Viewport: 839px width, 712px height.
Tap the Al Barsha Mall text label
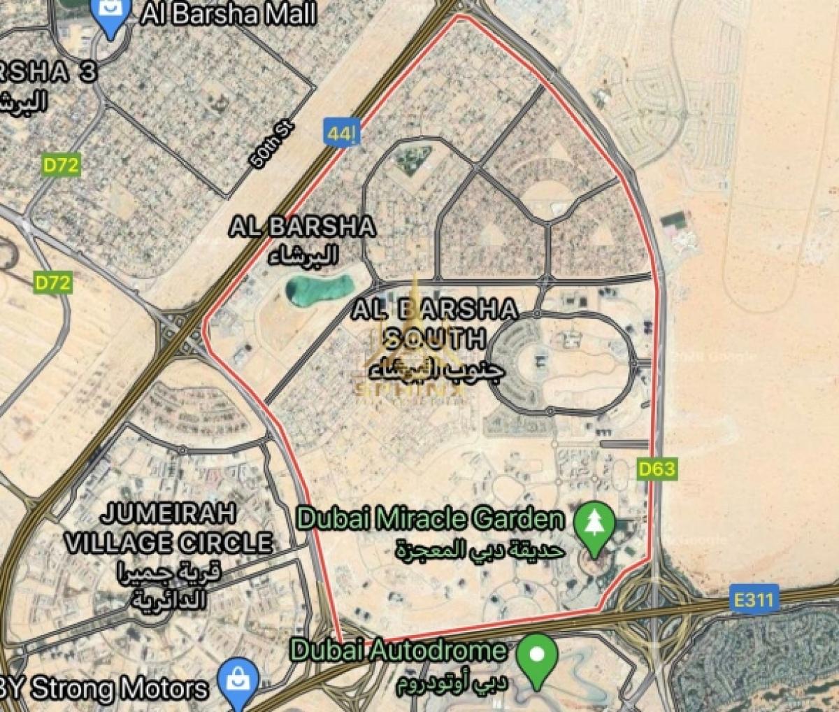[229, 14]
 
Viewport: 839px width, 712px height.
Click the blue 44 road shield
[338, 132]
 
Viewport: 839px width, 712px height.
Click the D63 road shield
[657, 469]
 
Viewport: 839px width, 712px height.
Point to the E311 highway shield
[756, 599]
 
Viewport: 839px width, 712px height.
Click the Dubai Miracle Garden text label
[431, 519]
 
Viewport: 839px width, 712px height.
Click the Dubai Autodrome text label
[399, 650]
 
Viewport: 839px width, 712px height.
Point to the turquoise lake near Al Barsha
[319, 289]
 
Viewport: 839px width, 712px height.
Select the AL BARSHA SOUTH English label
[435, 323]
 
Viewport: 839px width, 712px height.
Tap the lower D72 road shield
[53, 283]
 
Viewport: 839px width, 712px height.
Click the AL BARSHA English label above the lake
[303, 227]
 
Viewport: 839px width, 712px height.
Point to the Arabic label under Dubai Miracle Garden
[480, 550]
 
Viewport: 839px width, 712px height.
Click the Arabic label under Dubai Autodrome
[452, 684]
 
